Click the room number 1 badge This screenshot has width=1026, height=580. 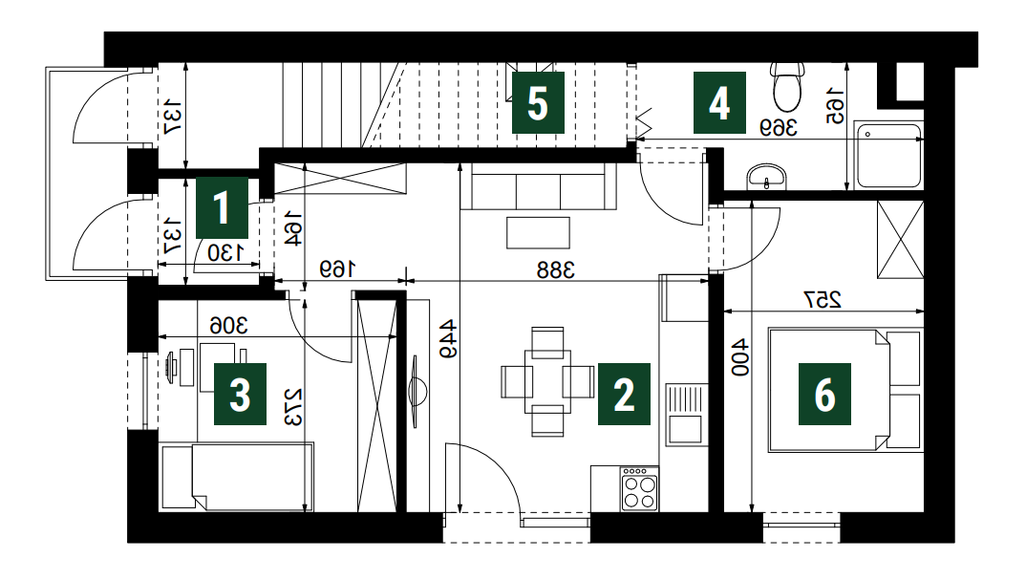tap(222, 207)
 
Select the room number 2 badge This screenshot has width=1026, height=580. tap(624, 394)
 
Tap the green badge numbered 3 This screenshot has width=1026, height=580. tap(240, 394)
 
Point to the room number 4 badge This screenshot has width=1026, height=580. tap(719, 103)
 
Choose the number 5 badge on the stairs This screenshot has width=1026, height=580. tap(538, 103)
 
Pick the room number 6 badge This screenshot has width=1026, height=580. tap(824, 394)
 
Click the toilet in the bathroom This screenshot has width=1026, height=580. tap(787, 86)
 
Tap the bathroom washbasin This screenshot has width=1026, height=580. tap(766, 177)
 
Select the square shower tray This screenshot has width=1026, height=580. tap(889, 156)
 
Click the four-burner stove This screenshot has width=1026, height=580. tap(639, 488)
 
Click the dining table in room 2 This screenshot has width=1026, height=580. tap(547, 381)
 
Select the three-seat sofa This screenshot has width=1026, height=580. tap(539, 186)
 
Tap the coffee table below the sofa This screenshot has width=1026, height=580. tap(538, 233)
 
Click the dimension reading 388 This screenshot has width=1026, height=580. tap(556, 269)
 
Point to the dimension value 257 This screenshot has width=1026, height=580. tap(822, 300)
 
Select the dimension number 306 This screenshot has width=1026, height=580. tap(228, 325)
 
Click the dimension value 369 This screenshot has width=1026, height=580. tap(778, 127)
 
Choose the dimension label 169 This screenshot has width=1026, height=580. tap(337, 269)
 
